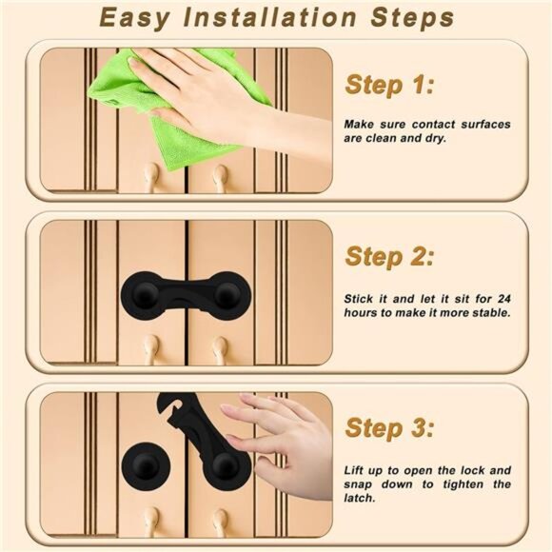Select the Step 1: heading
click(388, 85)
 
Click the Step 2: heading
click(388, 256)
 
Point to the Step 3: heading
click(388, 427)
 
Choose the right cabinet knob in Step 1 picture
click(221, 175)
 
